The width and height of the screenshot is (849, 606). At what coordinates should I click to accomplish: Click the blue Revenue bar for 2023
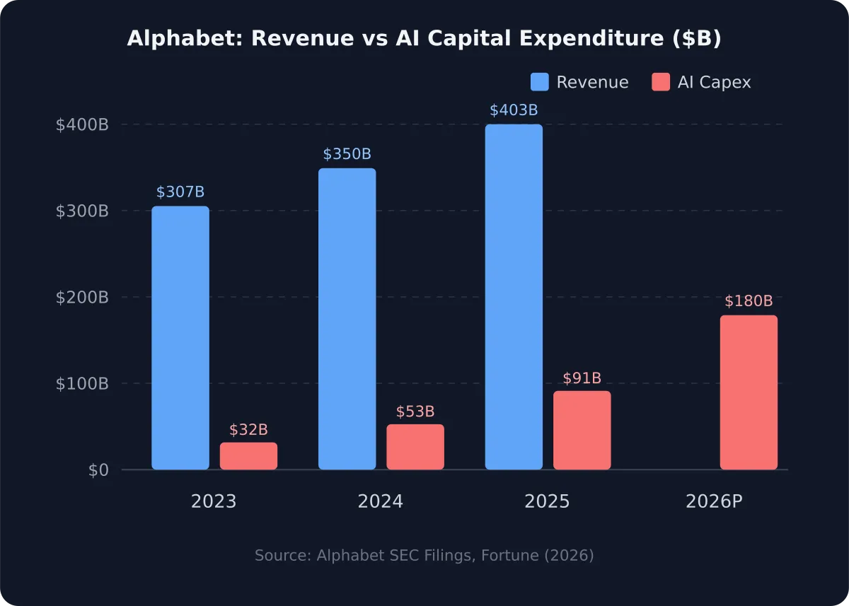point(180,338)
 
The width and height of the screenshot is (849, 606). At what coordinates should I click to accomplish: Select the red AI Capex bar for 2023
point(248,456)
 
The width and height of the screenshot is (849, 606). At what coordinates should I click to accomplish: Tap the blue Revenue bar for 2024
point(347,319)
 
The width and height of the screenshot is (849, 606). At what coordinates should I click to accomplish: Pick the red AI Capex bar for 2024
point(415,447)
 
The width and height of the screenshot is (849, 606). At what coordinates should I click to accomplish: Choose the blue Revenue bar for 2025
point(514,297)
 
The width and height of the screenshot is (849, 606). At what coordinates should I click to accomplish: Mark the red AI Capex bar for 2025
point(582,430)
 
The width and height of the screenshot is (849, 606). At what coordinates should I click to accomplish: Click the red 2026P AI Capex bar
point(749,392)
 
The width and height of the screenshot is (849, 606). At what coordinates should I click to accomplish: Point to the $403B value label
point(514,110)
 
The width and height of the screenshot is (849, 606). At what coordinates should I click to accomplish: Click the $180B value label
point(749,301)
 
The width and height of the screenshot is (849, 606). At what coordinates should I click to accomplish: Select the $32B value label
point(248,430)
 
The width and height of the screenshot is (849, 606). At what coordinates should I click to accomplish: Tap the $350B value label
point(347,154)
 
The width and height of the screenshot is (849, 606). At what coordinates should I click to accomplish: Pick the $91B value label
point(582,378)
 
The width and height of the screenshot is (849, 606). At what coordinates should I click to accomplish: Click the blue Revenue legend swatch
point(540,82)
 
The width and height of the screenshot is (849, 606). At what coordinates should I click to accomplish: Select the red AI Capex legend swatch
point(660,82)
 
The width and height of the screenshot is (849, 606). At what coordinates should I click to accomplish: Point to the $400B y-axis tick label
point(82,125)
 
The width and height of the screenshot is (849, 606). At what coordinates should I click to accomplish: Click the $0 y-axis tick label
point(98,470)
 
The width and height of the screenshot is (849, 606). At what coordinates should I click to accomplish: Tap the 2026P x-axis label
point(714,502)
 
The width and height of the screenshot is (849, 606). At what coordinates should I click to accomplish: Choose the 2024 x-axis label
point(380,502)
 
